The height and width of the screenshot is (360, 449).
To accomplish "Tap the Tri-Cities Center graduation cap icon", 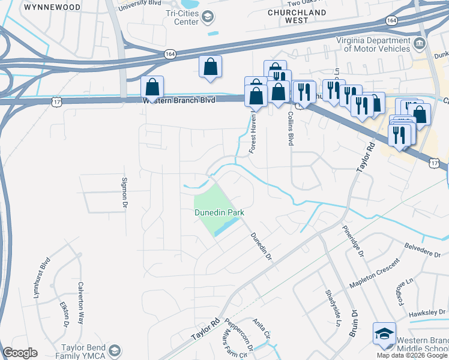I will click(208, 17).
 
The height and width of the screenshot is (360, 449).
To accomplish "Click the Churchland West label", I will click(297, 16).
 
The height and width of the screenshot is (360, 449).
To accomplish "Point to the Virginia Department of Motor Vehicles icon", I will click(420, 44).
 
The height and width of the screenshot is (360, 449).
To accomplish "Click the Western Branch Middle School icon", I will click(384, 334).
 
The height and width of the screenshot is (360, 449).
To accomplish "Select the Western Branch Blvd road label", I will click(178, 100).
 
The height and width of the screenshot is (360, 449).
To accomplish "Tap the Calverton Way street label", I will click(80, 295).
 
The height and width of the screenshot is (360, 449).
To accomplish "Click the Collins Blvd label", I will click(291, 129).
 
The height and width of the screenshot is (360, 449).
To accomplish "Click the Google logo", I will click(20, 353).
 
